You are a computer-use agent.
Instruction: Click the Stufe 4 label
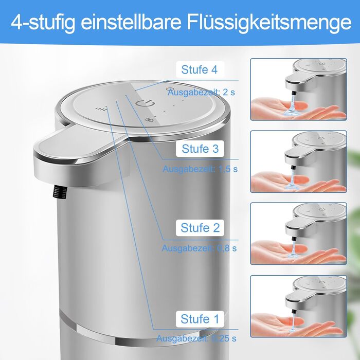pyautogui.click(x=200, y=69)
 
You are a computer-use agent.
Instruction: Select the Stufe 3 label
pyautogui.click(x=200, y=149)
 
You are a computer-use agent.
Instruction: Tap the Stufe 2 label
pyautogui.click(x=200, y=228)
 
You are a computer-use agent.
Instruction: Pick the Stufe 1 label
pyautogui.click(x=200, y=319)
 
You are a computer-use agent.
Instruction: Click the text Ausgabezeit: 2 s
pyautogui.click(x=202, y=92)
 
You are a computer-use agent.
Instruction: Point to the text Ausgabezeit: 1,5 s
pyautogui.click(x=200, y=169)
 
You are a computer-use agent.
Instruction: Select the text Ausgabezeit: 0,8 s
pyautogui.click(x=199, y=248)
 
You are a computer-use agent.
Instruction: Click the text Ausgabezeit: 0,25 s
pyautogui.click(x=196, y=338)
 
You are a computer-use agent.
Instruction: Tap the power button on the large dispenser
pyautogui.click(x=145, y=103)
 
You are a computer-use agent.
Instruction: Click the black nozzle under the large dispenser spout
pyautogui.click(x=60, y=192)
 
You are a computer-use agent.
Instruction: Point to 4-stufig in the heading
pyautogui.click(x=43, y=23)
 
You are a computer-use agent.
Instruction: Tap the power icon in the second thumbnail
pyautogui.click(x=321, y=138)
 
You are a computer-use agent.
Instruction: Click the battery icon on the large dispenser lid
pyautogui.click(x=148, y=120)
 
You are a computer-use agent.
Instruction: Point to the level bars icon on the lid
pyautogui.click(x=101, y=109)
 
